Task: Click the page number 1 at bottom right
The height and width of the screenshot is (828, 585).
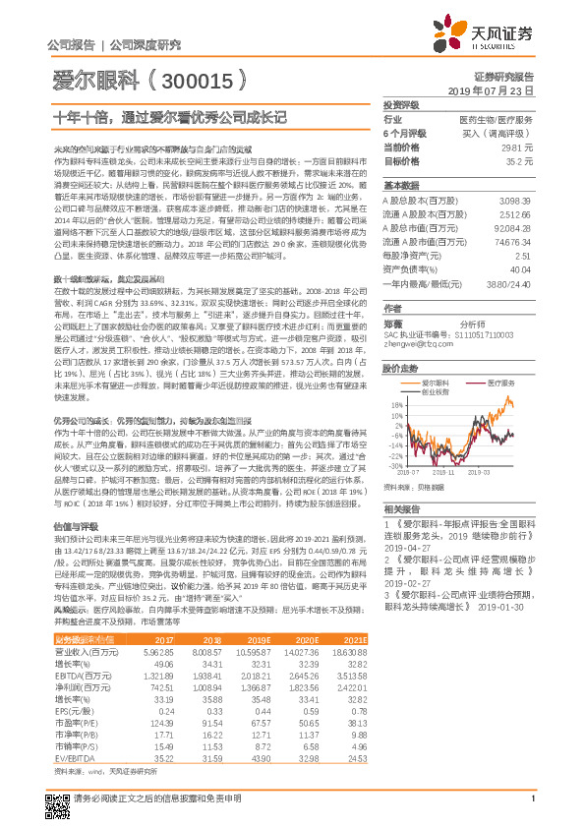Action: coord(531,808)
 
